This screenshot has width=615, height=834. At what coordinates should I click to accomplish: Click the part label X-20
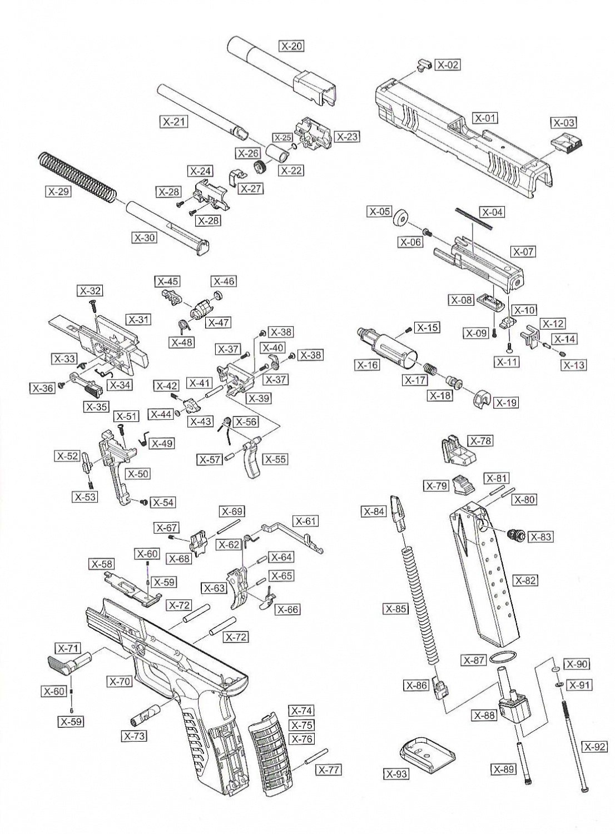tap(292, 46)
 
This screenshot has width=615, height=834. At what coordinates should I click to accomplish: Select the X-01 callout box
tap(485, 118)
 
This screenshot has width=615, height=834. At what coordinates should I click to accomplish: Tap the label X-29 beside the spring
tap(58, 192)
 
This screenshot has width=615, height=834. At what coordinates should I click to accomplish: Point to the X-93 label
tap(397, 773)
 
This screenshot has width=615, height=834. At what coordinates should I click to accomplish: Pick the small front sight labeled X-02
tap(423, 64)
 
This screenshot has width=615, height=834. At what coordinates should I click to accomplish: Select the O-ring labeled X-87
tap(502, 657)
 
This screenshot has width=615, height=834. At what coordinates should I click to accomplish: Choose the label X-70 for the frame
tap(120, 681)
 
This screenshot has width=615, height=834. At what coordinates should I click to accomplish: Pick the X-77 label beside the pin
tap(329, 770)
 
